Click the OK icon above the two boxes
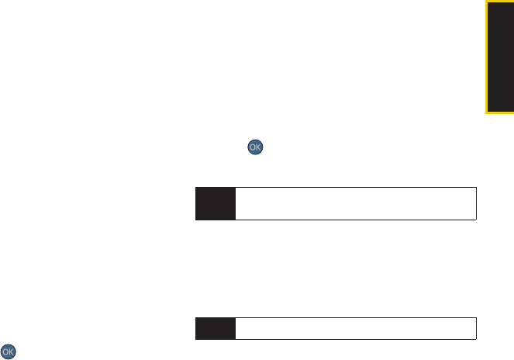pos(255,147)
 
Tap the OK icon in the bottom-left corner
pos(9,351)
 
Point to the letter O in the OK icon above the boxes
pos(253,147)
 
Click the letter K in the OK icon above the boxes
pos(258,147)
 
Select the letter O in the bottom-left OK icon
pos(5,352)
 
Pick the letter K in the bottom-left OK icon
pos(11,352)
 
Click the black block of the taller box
pos(216,203)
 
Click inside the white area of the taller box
pos(356,203)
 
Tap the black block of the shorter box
pos(216,328)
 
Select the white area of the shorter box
pos(356,328)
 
